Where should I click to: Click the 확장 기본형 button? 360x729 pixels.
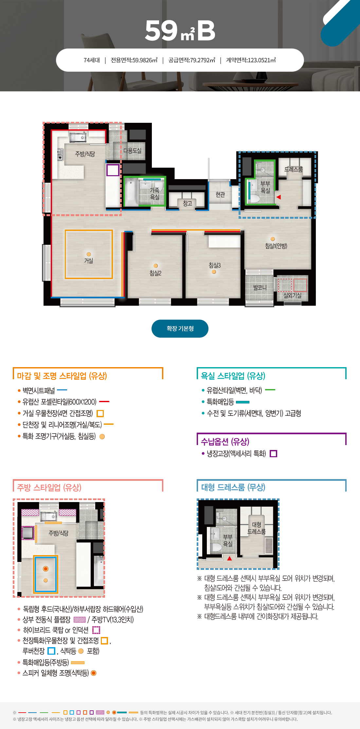point(180,328)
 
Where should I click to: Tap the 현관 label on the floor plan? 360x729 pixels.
point(220,195)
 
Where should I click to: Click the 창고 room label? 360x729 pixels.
point(187,203)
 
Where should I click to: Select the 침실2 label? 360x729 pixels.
point(155,273)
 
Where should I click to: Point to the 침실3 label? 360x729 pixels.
point(215,265)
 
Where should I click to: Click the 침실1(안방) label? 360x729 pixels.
point(276,246)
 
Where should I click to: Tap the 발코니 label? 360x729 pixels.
point(260,288)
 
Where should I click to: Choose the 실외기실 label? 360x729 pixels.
point(292,295)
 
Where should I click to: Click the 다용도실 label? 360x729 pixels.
point(132,151)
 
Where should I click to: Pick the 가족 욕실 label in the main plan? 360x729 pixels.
point(154,194)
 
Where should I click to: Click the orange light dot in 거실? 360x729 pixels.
point(89,254)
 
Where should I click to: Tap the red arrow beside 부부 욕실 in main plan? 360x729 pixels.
point(279,197)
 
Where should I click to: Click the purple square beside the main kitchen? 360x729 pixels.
point(113,170)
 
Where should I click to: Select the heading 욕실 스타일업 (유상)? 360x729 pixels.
point(233,376)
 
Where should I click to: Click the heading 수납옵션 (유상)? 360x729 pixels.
point(225,442)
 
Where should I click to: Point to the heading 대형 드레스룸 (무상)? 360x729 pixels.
point(233,487)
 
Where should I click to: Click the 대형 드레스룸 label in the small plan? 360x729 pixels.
point(257,528)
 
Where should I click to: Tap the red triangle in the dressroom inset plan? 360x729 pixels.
point(229,558)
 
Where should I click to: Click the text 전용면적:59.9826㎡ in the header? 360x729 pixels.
point(134,60)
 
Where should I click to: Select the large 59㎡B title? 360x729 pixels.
point(180,31)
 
